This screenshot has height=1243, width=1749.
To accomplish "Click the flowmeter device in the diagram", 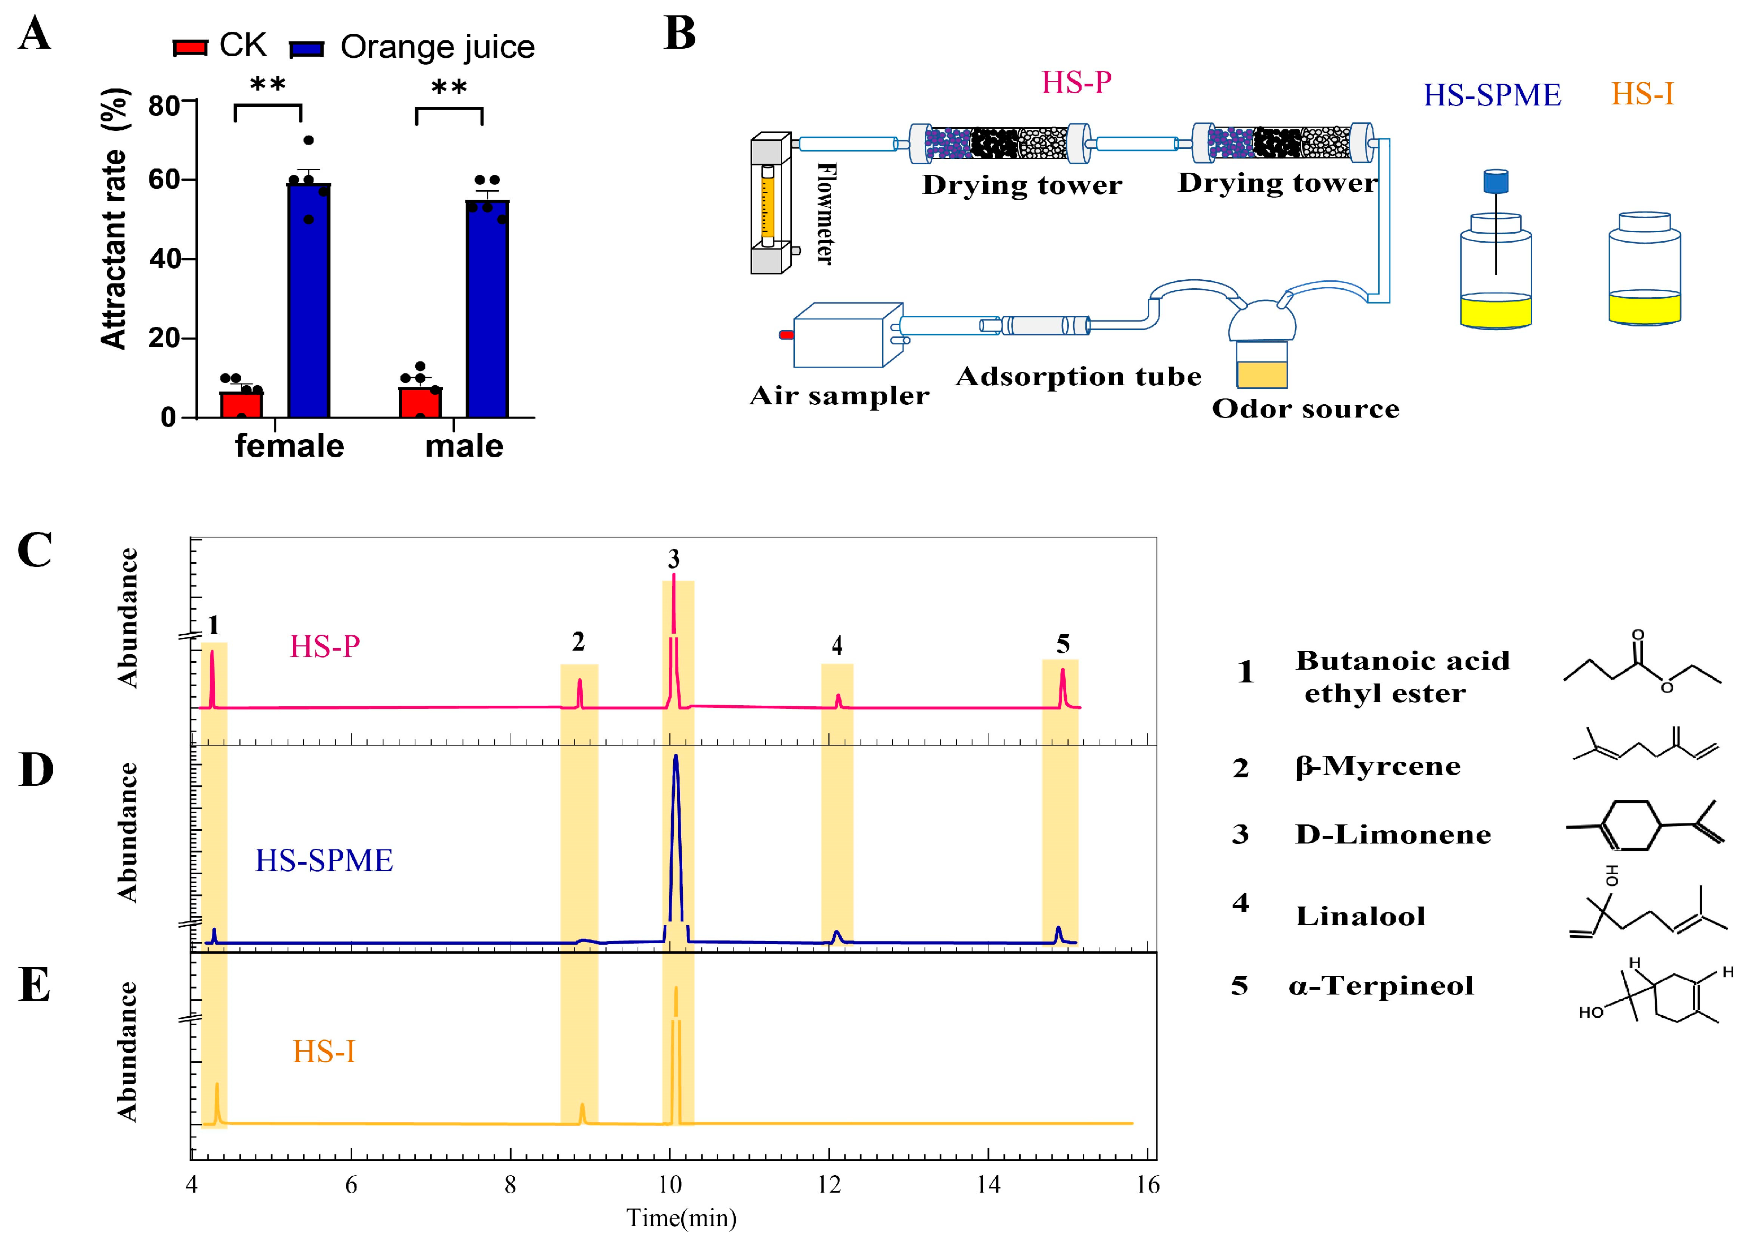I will pyautogui.click(x=769, y=203).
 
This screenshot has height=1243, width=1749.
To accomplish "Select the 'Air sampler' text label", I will pyautogui.click(x=840, y=396).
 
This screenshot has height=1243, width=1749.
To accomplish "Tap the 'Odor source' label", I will pyautogui.click(x=1305, y=409).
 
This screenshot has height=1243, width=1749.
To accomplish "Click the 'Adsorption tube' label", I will pyautogui.click(x=1078, y=377).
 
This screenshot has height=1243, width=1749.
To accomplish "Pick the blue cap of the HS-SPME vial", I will pyautogui.click(x=1496, y=181).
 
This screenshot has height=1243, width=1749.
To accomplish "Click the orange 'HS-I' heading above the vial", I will pyautogui.click(x=1642, y=95).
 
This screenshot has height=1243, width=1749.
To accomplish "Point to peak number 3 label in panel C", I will pyautogui.click(x=673, y=559).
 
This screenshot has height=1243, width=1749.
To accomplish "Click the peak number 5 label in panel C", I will pyautogui.click(x=1063, y=644).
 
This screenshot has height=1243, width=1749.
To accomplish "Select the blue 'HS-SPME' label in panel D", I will pyautogui.click(x=324, y=860).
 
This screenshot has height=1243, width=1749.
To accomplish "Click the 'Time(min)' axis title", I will pyautogui.click(x=681, y=1218).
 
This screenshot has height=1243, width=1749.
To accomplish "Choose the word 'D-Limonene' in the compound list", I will pyautogui.click(x=1393, y=834).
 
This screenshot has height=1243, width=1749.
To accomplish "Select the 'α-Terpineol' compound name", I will pyautogui.click(x=1381, y=986).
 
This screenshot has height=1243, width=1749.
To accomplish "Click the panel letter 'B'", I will pyautogui.click(x=680, y=34).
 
